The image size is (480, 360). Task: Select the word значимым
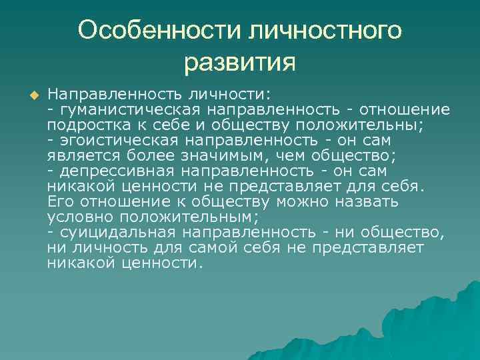[x=231, y=155]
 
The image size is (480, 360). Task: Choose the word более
[x=155, y=155]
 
